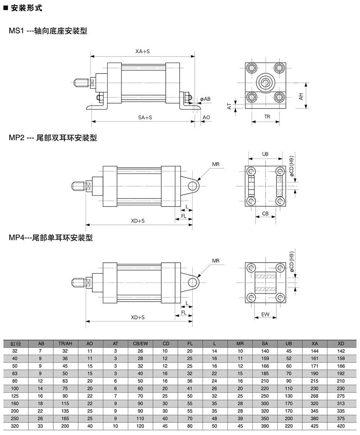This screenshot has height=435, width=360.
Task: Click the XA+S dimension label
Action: coord(142,52)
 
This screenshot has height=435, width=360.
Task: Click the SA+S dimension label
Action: coord(145,117)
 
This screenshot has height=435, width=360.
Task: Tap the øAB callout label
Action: coord(206,98)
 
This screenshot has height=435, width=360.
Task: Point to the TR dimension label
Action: coord(267,117)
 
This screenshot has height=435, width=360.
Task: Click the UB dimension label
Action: coord(265,154)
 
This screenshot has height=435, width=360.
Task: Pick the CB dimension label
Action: coord(265,214)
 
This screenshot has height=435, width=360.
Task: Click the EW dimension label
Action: coord(265,315)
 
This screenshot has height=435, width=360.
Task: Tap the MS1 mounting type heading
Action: coord(48,31)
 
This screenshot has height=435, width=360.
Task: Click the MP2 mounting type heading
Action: coord(53,138)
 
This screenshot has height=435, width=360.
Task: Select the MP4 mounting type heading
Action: coord(51,238)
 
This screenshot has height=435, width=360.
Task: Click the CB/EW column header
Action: coord(140,344)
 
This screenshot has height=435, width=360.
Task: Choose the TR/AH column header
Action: coord(65,344)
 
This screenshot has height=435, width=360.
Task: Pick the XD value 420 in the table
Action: coord(341,426)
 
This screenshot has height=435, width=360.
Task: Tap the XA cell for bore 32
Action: coord(315,351)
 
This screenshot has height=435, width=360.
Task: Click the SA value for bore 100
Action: coord(265,389)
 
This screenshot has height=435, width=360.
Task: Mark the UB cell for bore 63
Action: coord(289,374)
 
